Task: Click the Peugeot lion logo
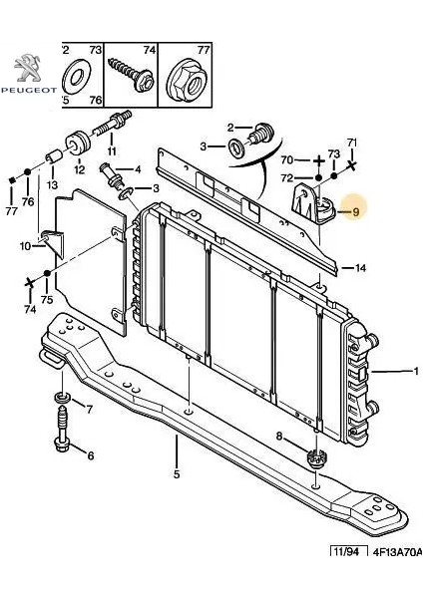pyautogui.click(x=28, y=68)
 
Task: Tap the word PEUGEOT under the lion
pyautogui.click(x=29, y=91)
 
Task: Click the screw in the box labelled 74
pyautogui.click(x=132, y=75)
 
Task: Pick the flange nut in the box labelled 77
pyautogui.click(x=186, y=82)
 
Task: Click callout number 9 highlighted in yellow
pyautogui.click(x=356, y=211)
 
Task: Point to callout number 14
pyautogui.click(x=360, y=268)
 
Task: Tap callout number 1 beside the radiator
pyautogui.click(x=416, y=371)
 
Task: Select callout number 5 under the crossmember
pyautogui.click(x=177, y=474)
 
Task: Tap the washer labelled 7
pyautogui.click(x=63, y=398)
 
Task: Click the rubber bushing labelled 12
pyautogui.click(x=78, y=144)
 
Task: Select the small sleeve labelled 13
pyautogui.click(x=53, y=156)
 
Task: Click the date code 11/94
pyautogui.click(x=346, y=551)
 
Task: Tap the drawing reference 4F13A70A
pyautogui.click(x=397, y=552)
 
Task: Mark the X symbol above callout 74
pyautogui.click(x=29, y=283)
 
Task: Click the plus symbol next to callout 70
pyautogui.click(x=317, y=160)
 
